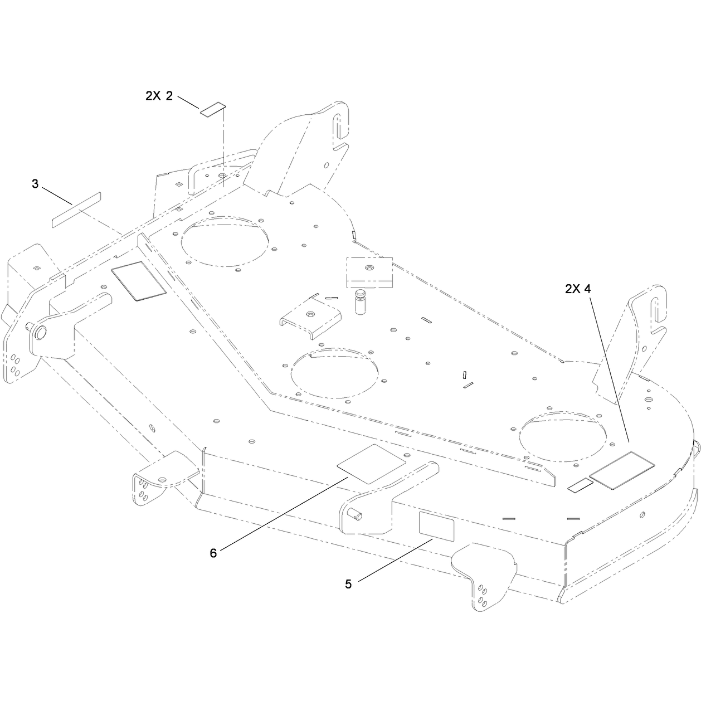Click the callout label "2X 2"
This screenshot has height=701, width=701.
[159, 96]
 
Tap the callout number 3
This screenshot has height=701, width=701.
[35, 184]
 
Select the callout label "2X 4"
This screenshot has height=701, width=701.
[578, 289]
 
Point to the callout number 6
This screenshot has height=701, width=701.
[213, 553]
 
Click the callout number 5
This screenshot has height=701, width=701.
[348, 584]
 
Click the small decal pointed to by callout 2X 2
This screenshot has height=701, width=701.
[213, 110]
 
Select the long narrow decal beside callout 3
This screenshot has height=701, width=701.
[76, 210]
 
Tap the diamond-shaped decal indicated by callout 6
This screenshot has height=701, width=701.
[372, 464]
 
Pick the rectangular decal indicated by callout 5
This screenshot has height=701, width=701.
[436, 527]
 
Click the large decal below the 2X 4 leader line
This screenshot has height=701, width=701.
[622, 470]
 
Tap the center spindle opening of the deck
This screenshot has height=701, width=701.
[335, 373]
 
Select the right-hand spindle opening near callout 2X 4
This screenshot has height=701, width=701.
[562, 436]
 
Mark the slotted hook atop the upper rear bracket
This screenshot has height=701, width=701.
[340, 125]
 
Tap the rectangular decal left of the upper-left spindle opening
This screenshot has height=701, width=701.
[139, 281]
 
